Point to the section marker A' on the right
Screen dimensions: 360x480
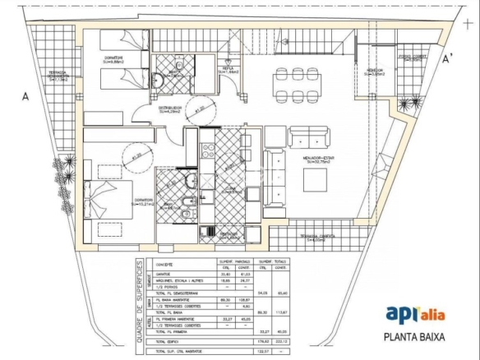(x=448, y=59)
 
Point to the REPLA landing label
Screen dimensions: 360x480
(x=228, y=70)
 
